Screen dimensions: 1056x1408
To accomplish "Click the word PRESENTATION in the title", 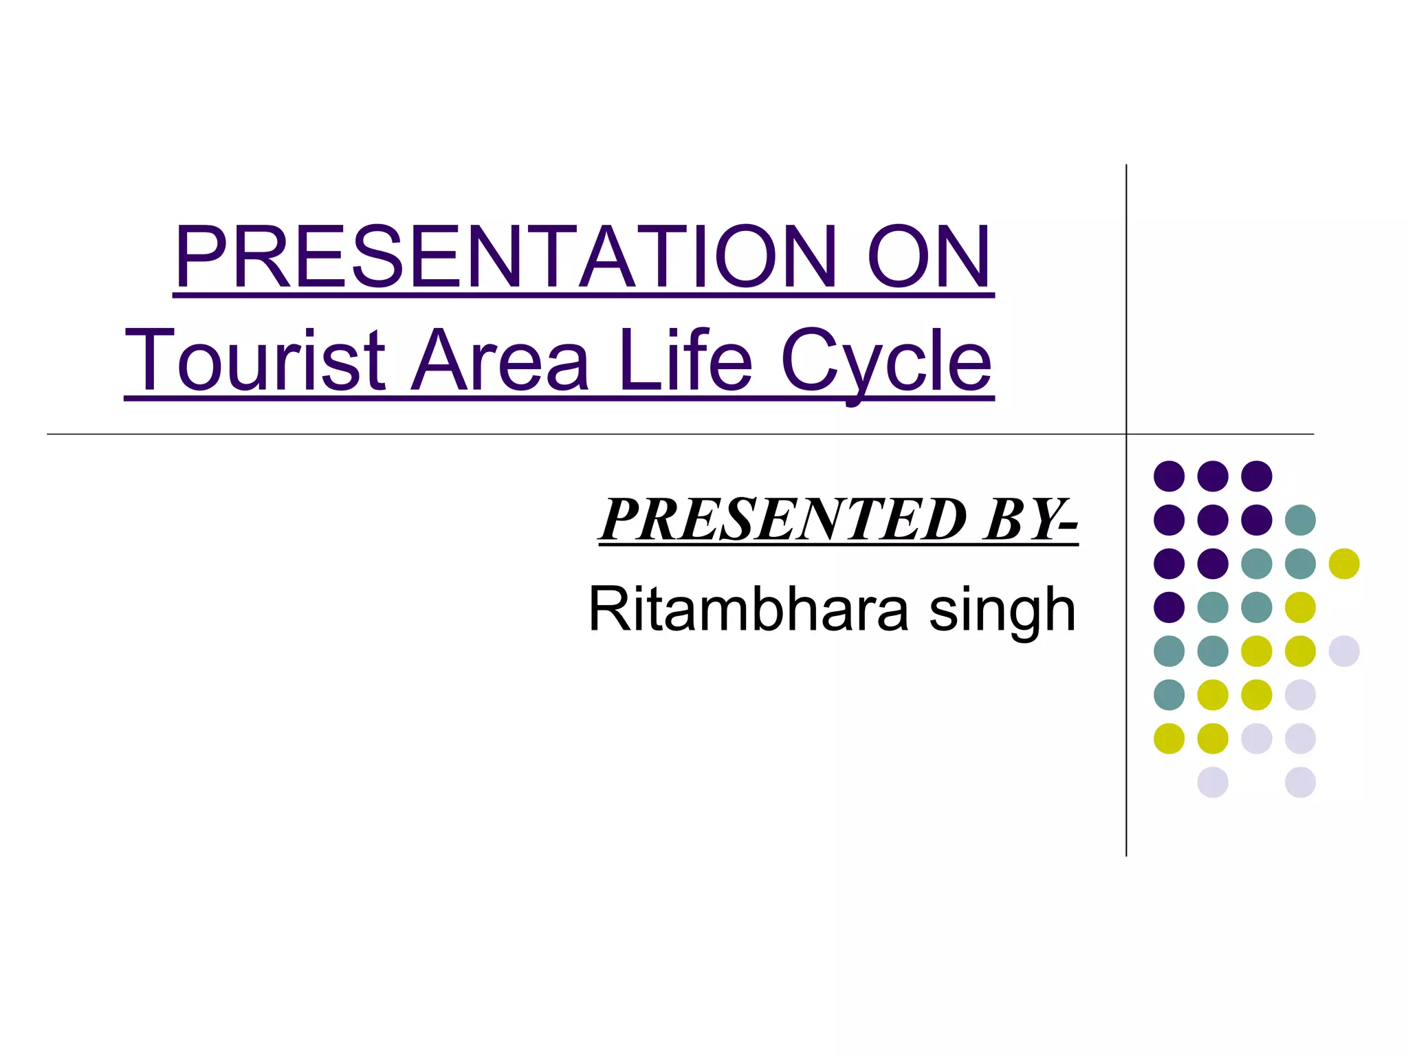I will (x=505, y=257).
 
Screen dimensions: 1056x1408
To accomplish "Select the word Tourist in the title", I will (x=254, y=360).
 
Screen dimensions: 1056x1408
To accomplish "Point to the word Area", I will (x=500, y=360).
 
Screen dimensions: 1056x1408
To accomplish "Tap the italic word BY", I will (x=1020, y=520).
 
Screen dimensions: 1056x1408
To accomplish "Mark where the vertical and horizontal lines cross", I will (x=1126, y=434).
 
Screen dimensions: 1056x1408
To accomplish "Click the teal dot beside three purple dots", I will (x=1300, y=520).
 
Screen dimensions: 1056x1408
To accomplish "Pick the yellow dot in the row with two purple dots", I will (x=1344, y=564).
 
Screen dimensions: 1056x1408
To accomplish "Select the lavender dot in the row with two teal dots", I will (x=1344, y=651).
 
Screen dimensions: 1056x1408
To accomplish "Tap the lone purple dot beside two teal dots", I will (x=1169, y=607).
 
